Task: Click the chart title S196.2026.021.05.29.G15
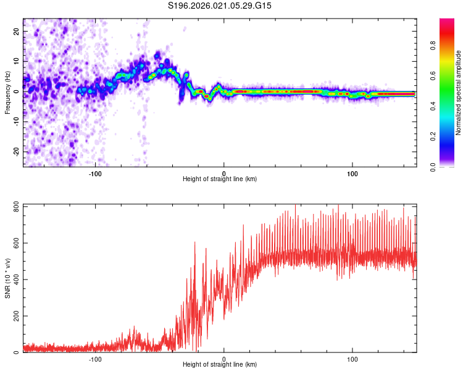(220, 6)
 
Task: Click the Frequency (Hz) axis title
(7, 93)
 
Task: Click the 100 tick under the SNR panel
(352, 359)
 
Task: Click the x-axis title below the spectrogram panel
(220, 179)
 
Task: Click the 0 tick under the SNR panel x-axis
(223, 359)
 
